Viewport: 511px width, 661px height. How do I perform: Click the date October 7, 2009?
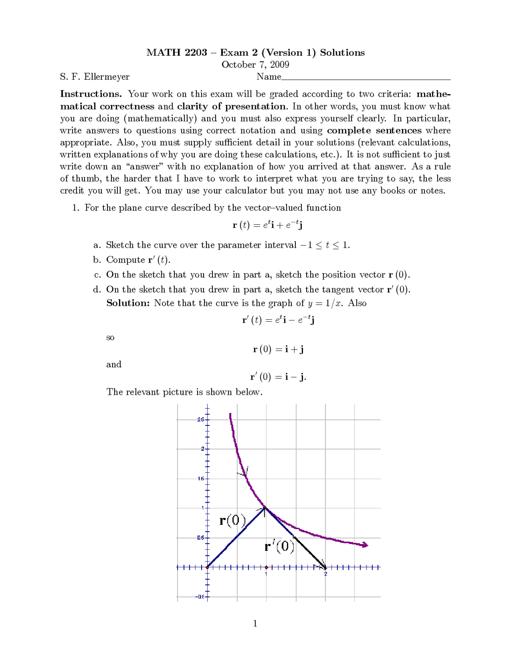pyautogui.click(x=255, y=65)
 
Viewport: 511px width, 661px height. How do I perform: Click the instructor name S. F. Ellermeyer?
pyautogui.click(x=95, y=77)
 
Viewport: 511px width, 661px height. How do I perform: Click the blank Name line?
pyautogui.click(x=366, y=77)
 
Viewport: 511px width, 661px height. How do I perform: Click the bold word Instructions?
pyautogui.click(x=91, y=94)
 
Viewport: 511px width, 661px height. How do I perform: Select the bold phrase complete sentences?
pyautogui.click(x=374, y=131)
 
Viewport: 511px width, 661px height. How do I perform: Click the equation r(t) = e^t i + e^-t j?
pyautogui.click(x=267, y=225)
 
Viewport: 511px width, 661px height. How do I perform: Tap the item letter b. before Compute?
pyautogui.click(x=97, y=260)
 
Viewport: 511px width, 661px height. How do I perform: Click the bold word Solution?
pyautogui.click(x=128, y=303)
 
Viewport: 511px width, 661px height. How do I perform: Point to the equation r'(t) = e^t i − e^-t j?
pyautogui.click(x=278, y=320)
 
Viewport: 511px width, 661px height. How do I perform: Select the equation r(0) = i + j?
pyautogui.click(x=278, y=349)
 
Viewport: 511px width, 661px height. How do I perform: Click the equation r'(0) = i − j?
pyautogui.click(x=278, y=377)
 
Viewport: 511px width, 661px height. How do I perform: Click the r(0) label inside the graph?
pyautogui.click(x=233, y=520)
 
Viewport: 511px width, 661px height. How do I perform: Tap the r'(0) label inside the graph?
pyautogui.click(x=279, y=546)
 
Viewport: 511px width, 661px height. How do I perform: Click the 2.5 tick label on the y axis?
pyautogui.click(x=200, y=420)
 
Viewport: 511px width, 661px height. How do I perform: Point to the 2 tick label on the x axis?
pyautogui.click(x=325, y=574)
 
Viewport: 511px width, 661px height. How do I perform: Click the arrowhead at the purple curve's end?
pyautogui.click(x=364, y=545)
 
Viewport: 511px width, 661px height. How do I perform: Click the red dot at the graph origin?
pyautogui.click(x=207, y=567)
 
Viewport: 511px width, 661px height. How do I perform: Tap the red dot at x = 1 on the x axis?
pyautogui.click(x=266, y=567)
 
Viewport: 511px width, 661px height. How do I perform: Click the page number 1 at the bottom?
pyautogui.click(x=255, y=623)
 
